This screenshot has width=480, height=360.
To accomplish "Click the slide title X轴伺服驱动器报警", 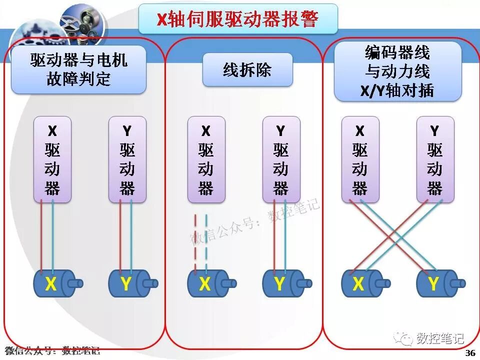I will (x=237, y=19).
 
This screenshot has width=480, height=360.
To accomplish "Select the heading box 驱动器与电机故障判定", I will (x=78, y=69).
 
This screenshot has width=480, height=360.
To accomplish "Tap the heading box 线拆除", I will (x=247, y=69).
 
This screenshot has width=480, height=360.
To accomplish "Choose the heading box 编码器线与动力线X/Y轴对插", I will (x=397, y=71).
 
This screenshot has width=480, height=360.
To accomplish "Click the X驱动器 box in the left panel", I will (x=52, y=159).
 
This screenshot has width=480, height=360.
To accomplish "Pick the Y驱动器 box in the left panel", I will (x=127, y=159).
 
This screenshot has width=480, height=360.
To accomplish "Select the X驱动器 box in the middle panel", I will (x=206, y=159).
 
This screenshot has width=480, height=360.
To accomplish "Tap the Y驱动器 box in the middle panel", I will (x=281, y=159).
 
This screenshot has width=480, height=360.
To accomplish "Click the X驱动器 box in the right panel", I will (x=360, y=159).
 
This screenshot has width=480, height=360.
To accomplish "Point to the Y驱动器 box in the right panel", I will (x=435, y=159).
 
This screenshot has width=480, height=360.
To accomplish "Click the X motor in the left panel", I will (x=54, y=284).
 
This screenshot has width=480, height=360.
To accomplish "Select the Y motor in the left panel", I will (x=129, y=284).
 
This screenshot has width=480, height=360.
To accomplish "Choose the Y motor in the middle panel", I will (x=283, y=284).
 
